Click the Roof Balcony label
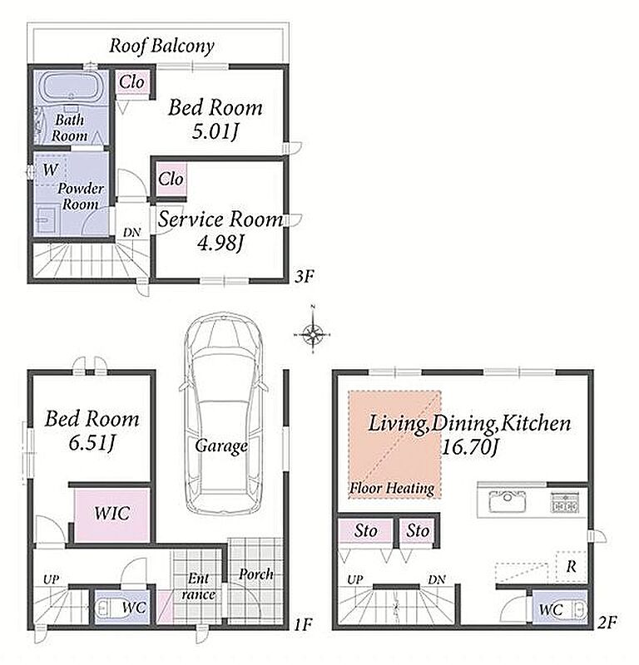click(x=161, y=46)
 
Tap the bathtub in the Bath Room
click(x=71, y=87)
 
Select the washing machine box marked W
click(x=50, y=170)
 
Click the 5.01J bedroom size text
click(x=215, y=131)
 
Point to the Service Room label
click(x=220, y=219)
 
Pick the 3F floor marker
click(x=305, y=277)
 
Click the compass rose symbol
click(x=313, y=335)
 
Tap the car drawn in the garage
click(x=223, y=415)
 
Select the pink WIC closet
click(x=112, y=515)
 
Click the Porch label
click(x=255, y=574)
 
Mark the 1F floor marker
click(x=303, y=624)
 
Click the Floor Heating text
click(x=391, y=488)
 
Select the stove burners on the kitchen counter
click(x=565, y=503)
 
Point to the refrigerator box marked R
click(x=571, y=566)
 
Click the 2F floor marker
click(x=607, y=623)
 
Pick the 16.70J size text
click(x=470, y=446)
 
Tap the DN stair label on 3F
click(x=132, y=233)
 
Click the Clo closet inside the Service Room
click(x=171, y=179)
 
